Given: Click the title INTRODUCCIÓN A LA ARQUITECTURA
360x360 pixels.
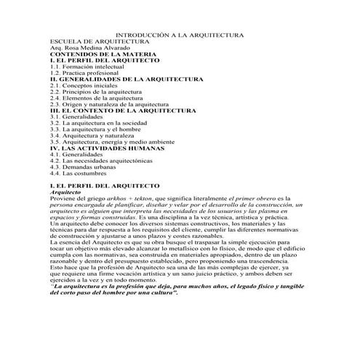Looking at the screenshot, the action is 180,35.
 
